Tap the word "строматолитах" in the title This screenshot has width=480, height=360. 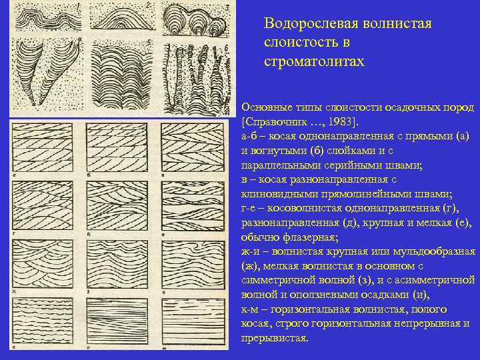click(315, 61)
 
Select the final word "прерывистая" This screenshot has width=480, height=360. click(274, 338)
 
